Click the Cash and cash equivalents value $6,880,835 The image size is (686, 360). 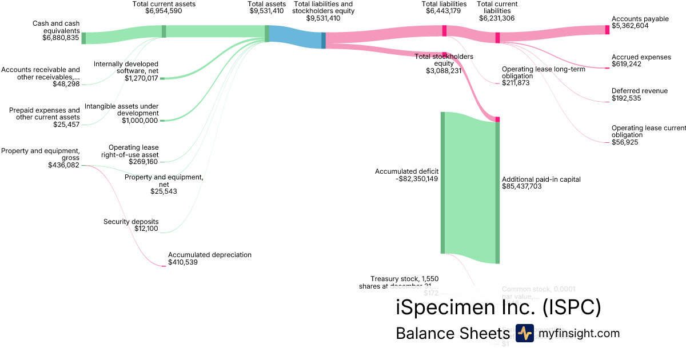(x=61, y=38)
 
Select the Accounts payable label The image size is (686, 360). (x=640, y=19)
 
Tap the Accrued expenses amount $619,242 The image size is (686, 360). (x=627, y=64)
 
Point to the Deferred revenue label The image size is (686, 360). (x=639, y=91)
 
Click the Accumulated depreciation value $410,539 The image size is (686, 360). (x=183, y=262)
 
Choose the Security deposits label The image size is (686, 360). (x=131, y=222)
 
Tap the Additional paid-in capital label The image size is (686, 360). (x=541, y=179)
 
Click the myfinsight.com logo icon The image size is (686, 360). (x=524, y=333)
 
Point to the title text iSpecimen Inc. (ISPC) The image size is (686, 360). (x=498, y=307)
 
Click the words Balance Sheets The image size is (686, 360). (x=452, y=334)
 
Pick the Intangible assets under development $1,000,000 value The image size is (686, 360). (x=139, y=121)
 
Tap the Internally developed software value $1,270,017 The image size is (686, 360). (x=141, y=78)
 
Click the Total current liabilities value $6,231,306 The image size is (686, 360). (x=497, y=18)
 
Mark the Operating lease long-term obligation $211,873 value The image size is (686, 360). (x=516, y=83)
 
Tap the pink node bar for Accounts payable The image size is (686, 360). (x=607, y=30)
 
